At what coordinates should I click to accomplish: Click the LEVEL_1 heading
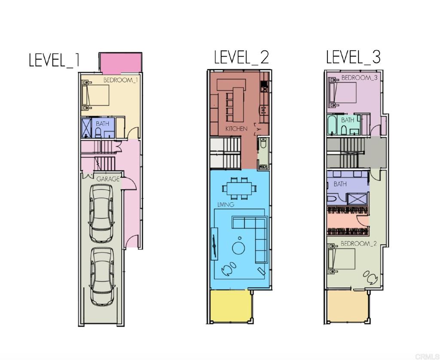tap(54, 60)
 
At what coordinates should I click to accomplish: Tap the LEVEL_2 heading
tap(241, 57)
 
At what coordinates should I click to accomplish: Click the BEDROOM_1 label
tap(121, 80)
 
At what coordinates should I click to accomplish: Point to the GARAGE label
tap(108, 179)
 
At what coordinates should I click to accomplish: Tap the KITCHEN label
tap(237, 129)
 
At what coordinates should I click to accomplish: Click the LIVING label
tap(226, 204)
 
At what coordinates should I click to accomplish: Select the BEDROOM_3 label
tap(359, 78)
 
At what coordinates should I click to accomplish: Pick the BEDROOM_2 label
tap(358, 243)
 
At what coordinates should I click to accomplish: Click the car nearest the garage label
tap(101, 214)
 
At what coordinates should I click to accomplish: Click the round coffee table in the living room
tap(239, 248)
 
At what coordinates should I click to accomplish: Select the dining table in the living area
tap(239, 187)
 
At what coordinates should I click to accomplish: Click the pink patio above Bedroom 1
tap(121, 63)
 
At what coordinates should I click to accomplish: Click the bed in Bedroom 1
tap(95, 95)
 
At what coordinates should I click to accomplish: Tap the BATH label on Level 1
tap(102, 123)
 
